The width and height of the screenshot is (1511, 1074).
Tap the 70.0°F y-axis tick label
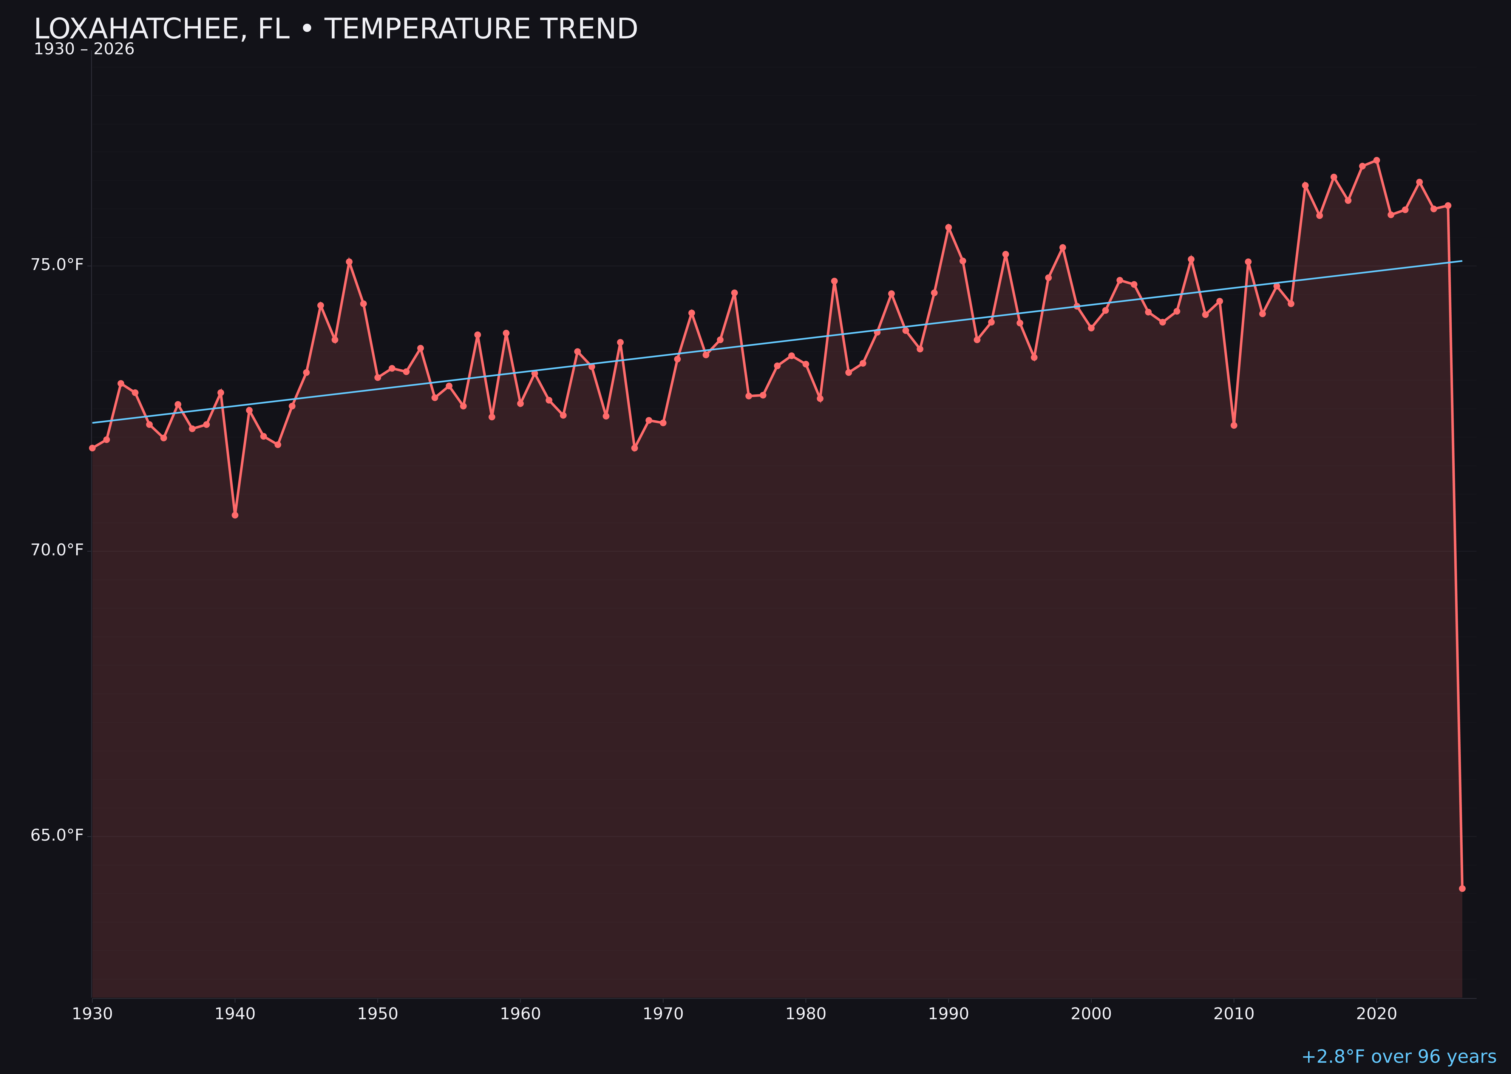point(57,550)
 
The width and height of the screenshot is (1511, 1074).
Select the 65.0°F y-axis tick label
point(57,835)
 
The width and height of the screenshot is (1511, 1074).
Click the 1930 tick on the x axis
point(92,1014)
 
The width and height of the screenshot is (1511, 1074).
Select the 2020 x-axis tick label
point(1376,1014)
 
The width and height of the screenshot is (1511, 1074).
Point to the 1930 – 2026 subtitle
point(84,49)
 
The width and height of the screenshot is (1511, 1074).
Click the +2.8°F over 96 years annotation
point(1398,1057)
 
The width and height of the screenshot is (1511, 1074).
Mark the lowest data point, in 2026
point(1462,888)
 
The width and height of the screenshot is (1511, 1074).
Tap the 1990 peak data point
point(948,227)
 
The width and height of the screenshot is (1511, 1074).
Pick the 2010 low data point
point(1234,425)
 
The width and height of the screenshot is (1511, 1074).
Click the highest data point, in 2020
point(1377,160)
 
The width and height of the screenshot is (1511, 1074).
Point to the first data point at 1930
point(92,448)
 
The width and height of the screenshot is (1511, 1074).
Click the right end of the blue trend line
point(1462,261)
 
